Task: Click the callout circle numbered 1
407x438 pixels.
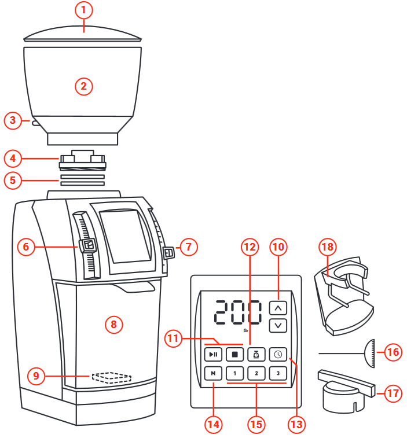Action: (83, 10)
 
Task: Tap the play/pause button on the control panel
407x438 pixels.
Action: (213, 354)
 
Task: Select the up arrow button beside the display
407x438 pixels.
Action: (278, 308)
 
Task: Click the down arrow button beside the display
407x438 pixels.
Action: (278, 325)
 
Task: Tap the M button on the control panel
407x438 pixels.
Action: (213, 373)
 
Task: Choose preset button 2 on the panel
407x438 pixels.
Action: (256, 373)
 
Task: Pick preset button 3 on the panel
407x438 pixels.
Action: (278, 373)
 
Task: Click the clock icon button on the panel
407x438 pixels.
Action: (278, 354)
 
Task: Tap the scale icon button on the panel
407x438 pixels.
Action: (256, 354)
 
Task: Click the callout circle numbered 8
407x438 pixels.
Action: (113, 325)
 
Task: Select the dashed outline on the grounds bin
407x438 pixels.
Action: (112, 378)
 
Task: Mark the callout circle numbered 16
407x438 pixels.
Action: (393, 352)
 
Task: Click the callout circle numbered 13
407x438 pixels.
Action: (297, 424)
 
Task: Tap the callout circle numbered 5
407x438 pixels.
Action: (13, 180)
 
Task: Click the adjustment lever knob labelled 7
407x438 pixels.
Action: (168, 252)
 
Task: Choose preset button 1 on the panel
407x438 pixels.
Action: (234, 373)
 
